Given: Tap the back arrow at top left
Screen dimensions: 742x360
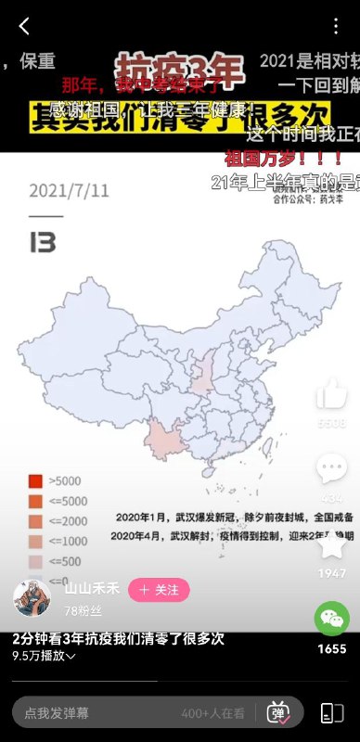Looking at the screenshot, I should [23, 26].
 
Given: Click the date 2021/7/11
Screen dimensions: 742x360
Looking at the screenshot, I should [70, 191].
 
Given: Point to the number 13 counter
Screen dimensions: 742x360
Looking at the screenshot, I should [42, 243].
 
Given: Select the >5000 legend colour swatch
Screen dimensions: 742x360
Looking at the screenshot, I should [35, 480].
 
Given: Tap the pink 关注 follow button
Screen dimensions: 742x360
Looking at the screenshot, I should [158, 589].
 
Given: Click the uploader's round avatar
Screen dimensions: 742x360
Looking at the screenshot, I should [32, 598].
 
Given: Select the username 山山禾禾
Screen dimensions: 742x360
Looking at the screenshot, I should [92, 588].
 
